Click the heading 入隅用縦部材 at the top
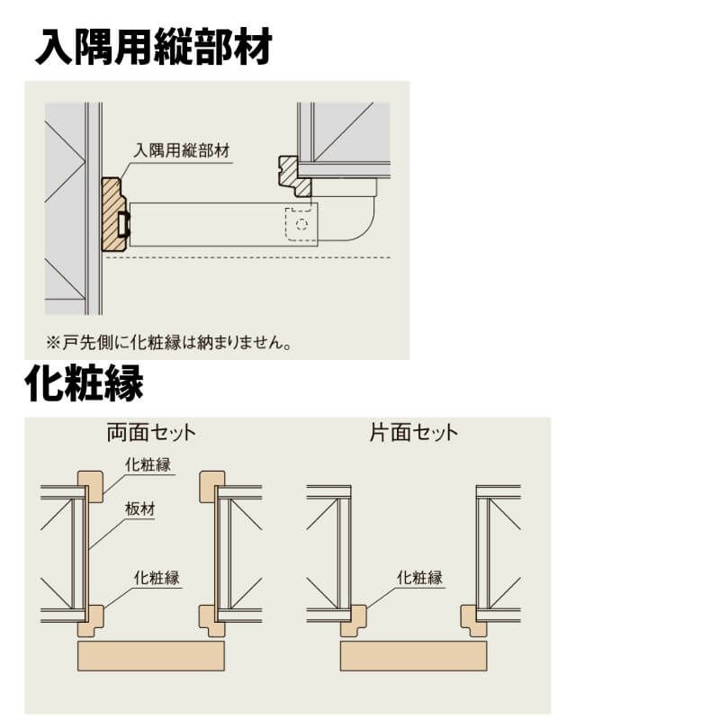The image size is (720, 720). point(154,47)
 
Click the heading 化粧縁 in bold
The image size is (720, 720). point(84,383)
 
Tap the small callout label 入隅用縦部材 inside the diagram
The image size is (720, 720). point(182,150)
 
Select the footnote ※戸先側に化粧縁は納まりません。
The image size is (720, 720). point(168,342)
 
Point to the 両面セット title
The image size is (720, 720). point(151,433)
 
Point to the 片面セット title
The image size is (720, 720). point(414,433)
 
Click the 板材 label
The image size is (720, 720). point(140,508)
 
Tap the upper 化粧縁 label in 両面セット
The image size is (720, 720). point(148,464)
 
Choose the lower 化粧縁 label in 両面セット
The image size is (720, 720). point(157,578)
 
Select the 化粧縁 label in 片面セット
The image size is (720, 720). point(419,578)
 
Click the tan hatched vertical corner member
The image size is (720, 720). point(113,214)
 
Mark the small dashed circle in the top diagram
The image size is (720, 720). point(301,224)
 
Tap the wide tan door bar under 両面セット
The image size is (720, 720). point(151,656)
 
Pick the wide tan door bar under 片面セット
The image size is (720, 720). point(413,656)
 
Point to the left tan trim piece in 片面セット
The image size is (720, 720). point(354,621)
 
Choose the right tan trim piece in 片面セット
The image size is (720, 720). point(473,621)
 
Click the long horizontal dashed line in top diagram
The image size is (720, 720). point(248,257)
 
